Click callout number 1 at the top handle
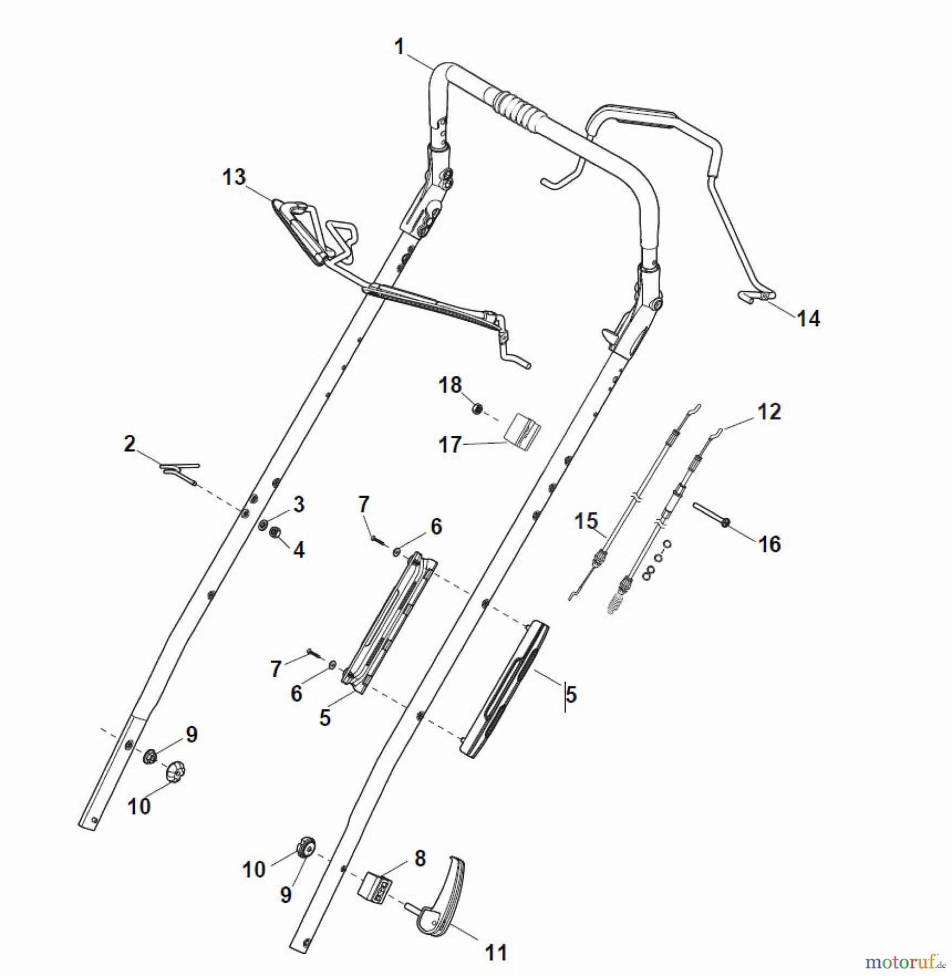click(399, 47)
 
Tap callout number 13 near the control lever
click(234, 177)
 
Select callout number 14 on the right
click(808, 319)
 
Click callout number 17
click(450, 445)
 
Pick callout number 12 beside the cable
click(769, 412)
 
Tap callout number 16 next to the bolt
click(769, 544)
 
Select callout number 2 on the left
click(129, 444)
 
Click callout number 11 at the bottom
click(495, 952)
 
